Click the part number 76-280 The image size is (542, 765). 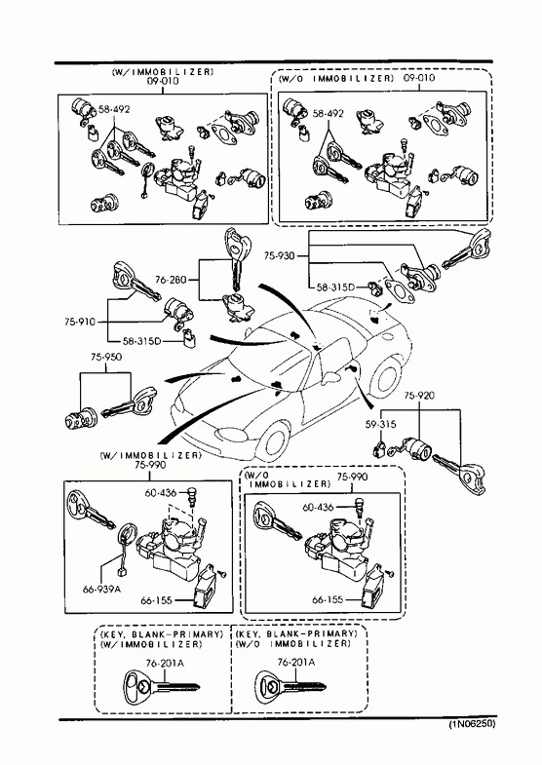(x=171, y=280)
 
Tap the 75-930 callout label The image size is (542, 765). (x=280, y=255)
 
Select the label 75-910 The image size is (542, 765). (x=80, y=322)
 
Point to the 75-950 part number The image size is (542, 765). (x=106, y=357)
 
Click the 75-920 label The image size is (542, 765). (x=419, y=395)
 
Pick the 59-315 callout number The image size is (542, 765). (x=380, y=424)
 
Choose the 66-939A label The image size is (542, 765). (x=101, y=589)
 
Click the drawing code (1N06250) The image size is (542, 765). (x=472, y=723)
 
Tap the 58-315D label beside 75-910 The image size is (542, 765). (x=141, y=340)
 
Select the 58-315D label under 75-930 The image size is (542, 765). (x=335, y=287)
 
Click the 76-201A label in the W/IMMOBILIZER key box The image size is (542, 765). (x=165, y=663)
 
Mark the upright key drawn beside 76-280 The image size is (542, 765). (x=237, y=257)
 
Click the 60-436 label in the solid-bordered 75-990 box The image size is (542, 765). (x=160, y=493)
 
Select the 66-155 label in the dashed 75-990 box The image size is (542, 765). (x=328, y=599)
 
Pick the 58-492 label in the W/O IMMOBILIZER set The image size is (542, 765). (x=328, y=113)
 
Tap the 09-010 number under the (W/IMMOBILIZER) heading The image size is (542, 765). (x=163, y=81)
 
